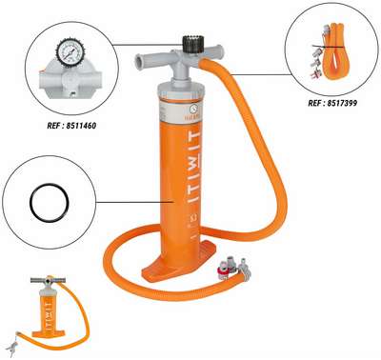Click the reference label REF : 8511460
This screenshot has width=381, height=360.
71,126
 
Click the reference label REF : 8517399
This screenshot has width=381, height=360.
332,103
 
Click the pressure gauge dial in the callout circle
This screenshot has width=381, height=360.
68,53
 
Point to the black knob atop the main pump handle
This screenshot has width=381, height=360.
191,44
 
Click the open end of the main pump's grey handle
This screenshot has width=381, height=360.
139,61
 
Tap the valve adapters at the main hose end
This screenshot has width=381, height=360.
234,270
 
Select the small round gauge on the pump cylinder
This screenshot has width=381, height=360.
192,109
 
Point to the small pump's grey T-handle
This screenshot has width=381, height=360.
48,280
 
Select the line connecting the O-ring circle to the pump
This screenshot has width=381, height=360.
134,202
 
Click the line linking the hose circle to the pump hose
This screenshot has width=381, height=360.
260,74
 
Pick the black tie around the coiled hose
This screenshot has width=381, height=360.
328,47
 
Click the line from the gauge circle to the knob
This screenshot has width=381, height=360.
148,45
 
